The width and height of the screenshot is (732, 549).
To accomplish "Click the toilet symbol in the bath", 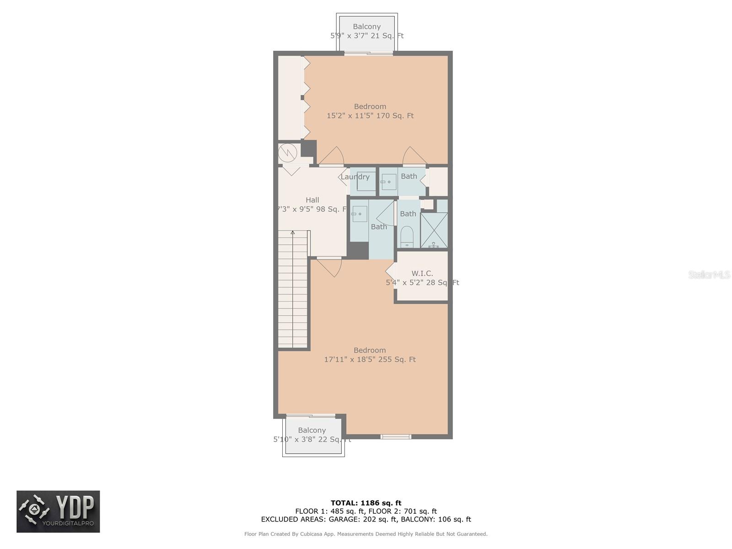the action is [x=406, y=237].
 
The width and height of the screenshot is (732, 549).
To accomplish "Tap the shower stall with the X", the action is [x=434, y=230].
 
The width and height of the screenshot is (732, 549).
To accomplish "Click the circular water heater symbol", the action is [x=287, y=153].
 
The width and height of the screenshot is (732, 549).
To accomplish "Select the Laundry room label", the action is [x=355, y=177].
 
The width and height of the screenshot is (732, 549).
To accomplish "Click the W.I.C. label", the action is [x=422, y=273].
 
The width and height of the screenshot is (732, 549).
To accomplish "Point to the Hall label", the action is [x=312, y=200].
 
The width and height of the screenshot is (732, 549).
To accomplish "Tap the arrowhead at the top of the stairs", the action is [x=292, y=232].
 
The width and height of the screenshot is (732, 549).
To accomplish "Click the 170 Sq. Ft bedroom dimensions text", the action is [x=370, y=116].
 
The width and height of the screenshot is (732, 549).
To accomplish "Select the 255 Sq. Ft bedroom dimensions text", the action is [x=370, y=359].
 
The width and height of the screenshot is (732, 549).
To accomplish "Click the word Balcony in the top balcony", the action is [x=367, y=27].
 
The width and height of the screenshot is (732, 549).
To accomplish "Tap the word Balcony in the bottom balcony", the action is [x=312, y=431].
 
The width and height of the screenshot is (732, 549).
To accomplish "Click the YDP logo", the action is [x=58, y=511].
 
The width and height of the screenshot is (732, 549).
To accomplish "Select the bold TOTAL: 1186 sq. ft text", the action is [x=366, y=503].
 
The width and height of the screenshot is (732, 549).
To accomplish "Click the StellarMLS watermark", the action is [x=709, y=274].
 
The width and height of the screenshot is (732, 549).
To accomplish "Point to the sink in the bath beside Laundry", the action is [x=389, y=182].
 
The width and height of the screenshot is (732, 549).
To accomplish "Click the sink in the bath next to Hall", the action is [x=359, y=214].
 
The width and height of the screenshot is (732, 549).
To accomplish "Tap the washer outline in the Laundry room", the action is [x=366, y=181].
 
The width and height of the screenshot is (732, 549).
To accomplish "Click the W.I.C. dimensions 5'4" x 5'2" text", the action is [x=422, y=283].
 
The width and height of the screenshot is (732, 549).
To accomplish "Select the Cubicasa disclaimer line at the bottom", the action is [x=366, y=534].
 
